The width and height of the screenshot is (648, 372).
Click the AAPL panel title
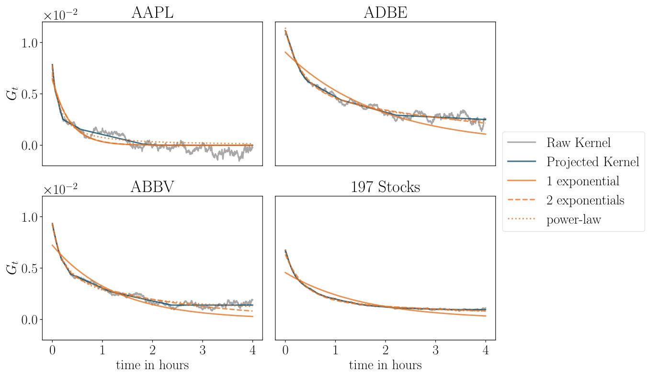coord(152,13)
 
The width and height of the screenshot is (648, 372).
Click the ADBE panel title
coord(385,13)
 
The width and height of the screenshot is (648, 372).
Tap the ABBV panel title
coord(152,187)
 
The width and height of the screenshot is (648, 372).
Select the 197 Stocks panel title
coord(385,187)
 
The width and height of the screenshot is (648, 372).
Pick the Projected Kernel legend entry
coord(592,162)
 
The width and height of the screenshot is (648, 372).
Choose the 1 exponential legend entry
coord(583,181)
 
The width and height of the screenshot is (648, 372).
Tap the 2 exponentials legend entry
coord(585,201)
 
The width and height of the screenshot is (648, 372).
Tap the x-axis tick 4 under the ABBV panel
coord(252,350)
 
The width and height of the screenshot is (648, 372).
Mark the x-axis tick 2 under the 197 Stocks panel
coord(385,350)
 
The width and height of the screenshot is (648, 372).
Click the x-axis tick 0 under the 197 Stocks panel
coord(285,350)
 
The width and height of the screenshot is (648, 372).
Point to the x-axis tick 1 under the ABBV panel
coord(102,350)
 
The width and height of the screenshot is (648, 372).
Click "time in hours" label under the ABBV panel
coord(152,365)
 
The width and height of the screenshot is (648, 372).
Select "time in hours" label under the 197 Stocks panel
coord(385,365)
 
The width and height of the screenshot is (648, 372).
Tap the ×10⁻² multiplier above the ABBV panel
coord(60,190)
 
